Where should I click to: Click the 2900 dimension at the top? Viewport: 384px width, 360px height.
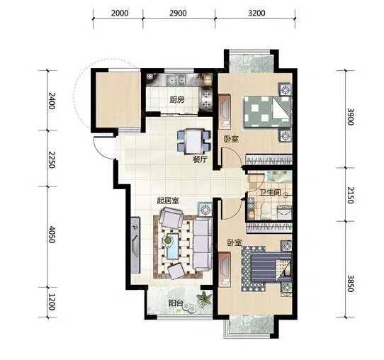point(178,13)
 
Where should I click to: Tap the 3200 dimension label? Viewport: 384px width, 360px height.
point(256,13)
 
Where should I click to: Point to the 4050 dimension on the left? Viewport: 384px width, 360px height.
point(52,235)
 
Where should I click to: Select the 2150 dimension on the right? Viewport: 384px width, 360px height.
point(351,195)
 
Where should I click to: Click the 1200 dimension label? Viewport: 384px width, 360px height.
point(52,302)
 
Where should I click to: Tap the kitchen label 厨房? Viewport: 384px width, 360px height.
point(177,100)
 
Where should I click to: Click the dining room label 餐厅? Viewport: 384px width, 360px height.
point(200,159)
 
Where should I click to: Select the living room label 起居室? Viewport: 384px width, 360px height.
point(168,201)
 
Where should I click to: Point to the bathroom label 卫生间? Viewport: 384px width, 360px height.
point(270,192)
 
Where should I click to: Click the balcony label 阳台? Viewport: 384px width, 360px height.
point(176,303)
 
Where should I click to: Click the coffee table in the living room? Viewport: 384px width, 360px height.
point(172,246)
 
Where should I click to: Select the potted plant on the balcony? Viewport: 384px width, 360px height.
point(204,299)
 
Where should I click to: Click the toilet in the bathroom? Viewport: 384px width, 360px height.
point(266,210)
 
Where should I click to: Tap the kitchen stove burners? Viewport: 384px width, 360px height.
point(207,100)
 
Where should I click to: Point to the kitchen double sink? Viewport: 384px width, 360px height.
point(175,80)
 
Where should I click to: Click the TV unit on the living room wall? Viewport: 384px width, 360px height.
point(135,245)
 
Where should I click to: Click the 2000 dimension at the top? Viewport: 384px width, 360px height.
point(120,13)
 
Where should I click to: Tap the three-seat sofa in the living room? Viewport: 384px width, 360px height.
point(203,245)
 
